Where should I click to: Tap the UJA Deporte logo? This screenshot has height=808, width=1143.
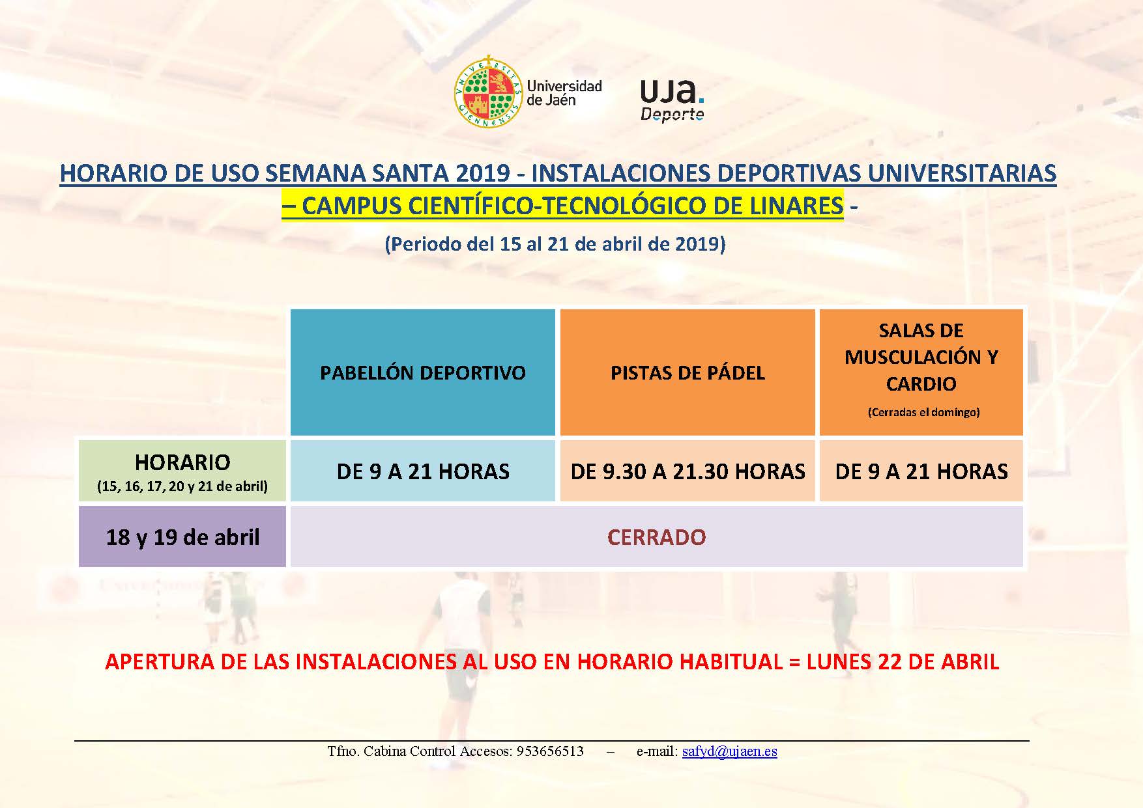click(673, 100)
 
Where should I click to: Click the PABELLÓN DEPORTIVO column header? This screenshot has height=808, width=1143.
click(422, 372)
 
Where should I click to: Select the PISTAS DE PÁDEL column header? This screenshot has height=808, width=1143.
click(687, 372)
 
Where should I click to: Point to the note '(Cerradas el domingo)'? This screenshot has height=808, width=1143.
click(923, 412)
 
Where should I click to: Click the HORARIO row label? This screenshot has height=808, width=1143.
click(182, 471)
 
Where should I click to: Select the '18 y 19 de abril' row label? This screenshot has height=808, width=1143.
click(182, 537)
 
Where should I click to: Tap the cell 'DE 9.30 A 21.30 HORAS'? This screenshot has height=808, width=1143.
click(687, 471)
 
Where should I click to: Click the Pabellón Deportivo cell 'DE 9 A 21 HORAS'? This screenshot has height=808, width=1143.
click(422, 471)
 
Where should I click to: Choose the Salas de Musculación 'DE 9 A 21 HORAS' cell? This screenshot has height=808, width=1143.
click(921, 471)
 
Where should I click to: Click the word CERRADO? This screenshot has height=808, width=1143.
click(656, 537)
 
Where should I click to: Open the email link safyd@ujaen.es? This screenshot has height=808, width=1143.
click(729, 751)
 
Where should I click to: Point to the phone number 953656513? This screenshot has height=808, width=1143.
click(550, 751)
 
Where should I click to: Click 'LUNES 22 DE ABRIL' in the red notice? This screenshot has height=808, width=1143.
click(903, 662)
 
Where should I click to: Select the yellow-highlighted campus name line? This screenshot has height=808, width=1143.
click(562, 206)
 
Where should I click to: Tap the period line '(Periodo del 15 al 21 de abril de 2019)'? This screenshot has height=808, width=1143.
click(555, 244)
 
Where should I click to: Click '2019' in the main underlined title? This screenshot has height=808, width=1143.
click(484, 173)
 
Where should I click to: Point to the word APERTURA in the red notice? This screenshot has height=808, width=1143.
click(151, 662)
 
